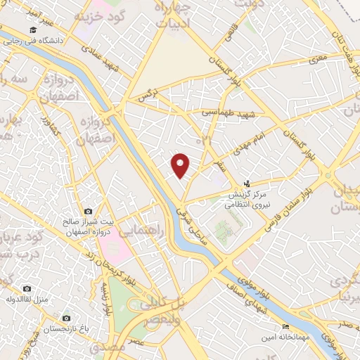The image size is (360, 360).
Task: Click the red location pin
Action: tap(181, 166)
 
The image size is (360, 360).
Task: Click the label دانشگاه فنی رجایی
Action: tap(39, 41)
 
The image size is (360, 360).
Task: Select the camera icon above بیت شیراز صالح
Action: tap(88, 211)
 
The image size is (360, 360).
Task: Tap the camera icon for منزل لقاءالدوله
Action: tap(27, 288)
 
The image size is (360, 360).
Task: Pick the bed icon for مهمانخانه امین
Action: tap(285, 327)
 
